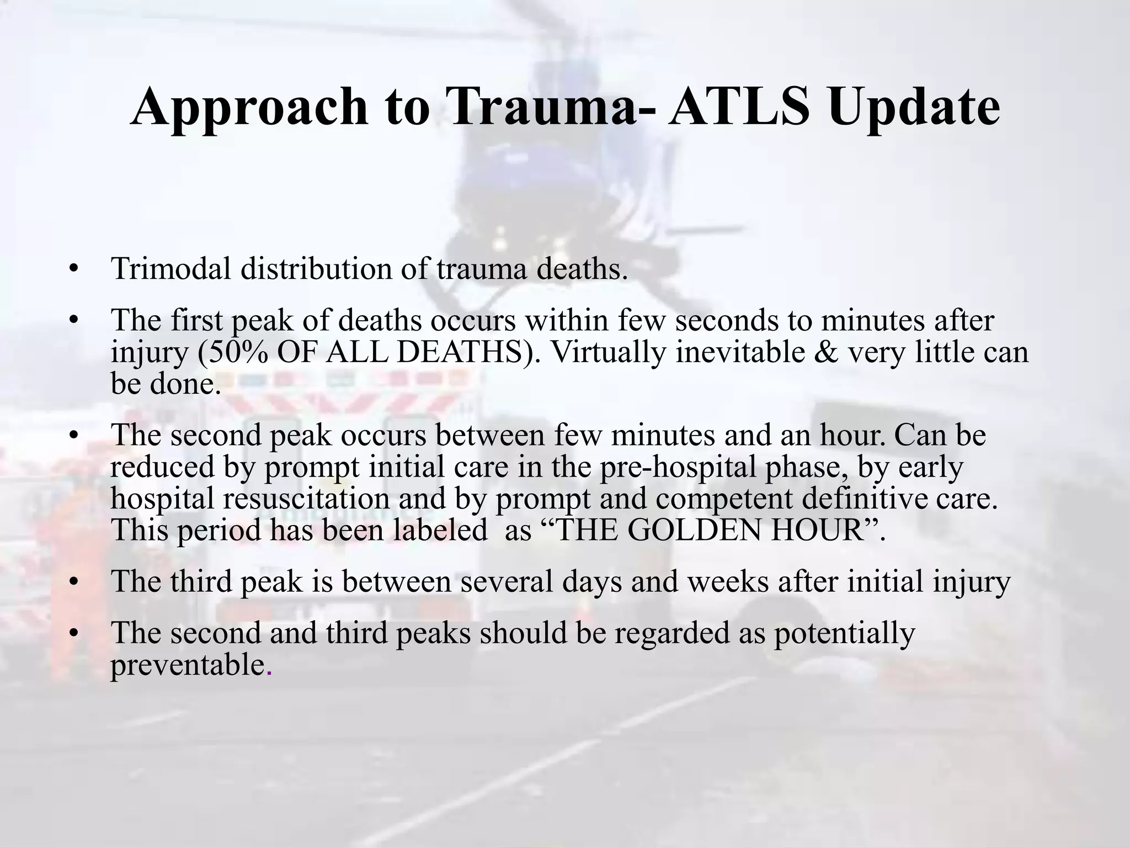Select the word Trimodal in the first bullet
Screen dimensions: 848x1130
coord(171,269)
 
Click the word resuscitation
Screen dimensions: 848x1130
coord(306,499)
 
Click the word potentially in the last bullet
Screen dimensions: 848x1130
coord(844,633)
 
